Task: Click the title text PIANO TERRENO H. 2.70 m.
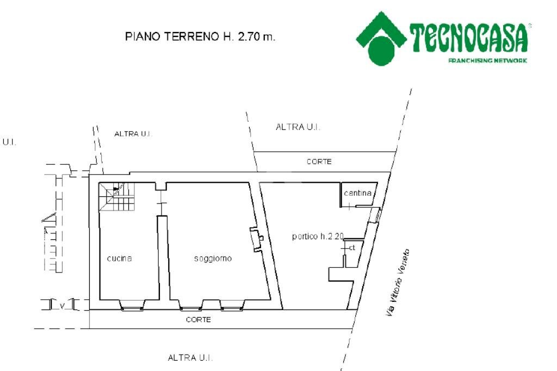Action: [x=200, y=38]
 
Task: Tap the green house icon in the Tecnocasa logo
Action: [x=381, y=38]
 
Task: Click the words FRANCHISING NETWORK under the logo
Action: [x=487, y=61]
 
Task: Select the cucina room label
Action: [x=119, y=258]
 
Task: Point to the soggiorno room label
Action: [x=213, y=258]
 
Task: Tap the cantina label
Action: [x=357, y=193]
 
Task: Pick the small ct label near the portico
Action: [x=352, y=248]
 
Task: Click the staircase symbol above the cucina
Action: [x=116, y=197]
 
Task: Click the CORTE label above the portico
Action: [x=319, y=162]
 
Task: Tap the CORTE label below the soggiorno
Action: [x=198, y=320]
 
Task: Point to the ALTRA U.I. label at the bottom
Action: [x=190, y=358]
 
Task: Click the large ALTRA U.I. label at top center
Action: [x=298, y=127]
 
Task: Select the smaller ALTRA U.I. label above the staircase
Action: [x=133, y=133]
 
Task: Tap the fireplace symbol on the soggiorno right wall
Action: [x=256, y=239]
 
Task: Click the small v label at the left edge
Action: [x=63, y=306]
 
